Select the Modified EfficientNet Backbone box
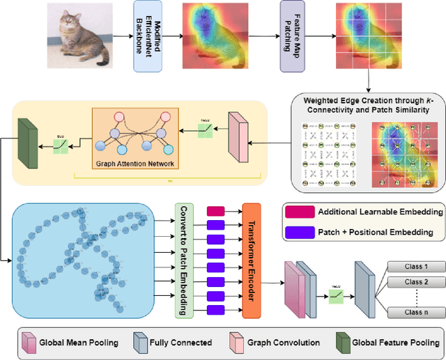148,36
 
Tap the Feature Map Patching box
292,36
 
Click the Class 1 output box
410,267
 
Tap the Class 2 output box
410,282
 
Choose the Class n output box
410,313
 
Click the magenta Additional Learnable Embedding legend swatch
298,212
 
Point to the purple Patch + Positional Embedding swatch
298,232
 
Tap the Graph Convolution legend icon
237,343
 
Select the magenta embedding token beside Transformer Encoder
216,211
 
